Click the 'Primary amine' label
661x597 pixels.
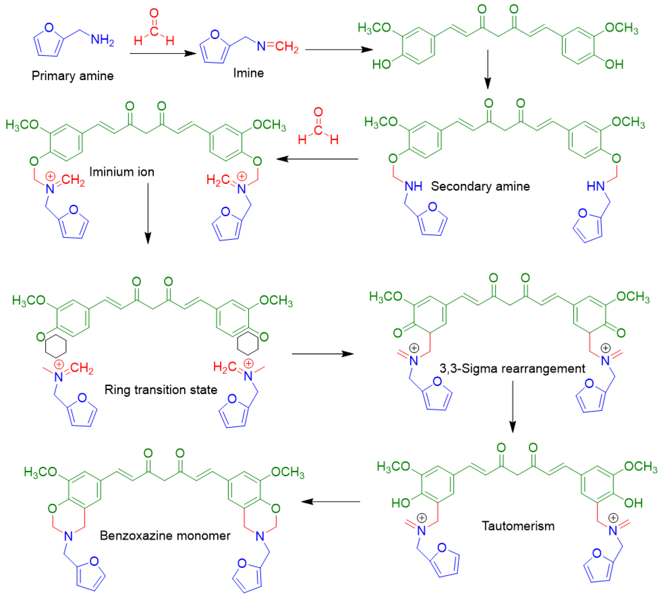coord(72,76)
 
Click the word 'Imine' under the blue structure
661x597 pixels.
coord(249,73)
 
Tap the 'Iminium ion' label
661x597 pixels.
coord(122,172)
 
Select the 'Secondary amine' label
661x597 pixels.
coord(480,186)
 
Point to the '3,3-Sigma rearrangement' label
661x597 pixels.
coord(512,368)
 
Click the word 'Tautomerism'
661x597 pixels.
coord(518,526)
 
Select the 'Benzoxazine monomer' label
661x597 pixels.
coord(165,535)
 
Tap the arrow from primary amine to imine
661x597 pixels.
coord(163,53)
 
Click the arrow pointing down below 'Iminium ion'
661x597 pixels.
coord(148,213)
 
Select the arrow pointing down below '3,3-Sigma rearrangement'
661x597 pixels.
coord(512,406)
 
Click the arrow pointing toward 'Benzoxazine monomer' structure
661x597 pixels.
coord(330,501)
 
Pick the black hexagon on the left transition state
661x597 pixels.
coord(56,346)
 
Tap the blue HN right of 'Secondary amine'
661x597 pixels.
coord(595,186)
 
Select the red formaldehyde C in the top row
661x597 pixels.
coord(154,31)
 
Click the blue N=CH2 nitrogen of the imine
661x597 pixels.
coord(261,47)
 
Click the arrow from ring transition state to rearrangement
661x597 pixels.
coord(322,354)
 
